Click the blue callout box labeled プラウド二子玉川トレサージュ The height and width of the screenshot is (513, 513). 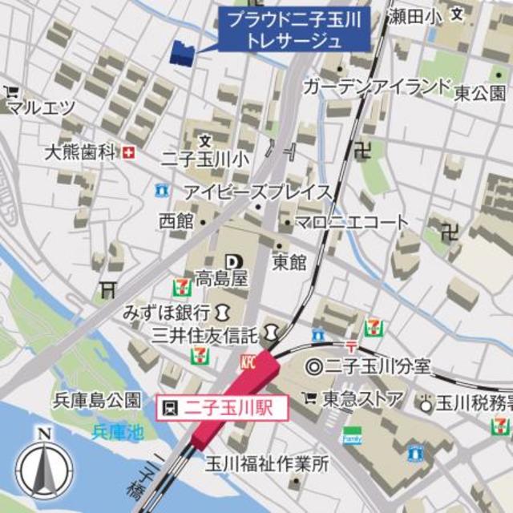pyautogui.click(x=294, y=30)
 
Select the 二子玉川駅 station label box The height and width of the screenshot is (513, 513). pyautogui.click(x=215, y=407)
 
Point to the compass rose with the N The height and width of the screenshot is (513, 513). pyautogui.click(x=44, y=466)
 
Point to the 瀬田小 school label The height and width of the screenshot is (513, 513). pyautogui.click(x=414, y=15)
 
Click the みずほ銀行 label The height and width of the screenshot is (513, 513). pyautogui.click(x=167, y=311)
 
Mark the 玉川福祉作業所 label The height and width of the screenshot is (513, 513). pyautogui.click(x=267, y=463)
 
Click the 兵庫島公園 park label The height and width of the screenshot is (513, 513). pyautogui.click(x=96, y=400)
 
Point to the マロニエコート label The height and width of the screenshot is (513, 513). pyautogui.click(x=351, y=222)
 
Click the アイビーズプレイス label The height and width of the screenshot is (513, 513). pyautogui.click(x=256, y=192)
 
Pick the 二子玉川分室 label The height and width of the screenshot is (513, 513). pyautogui.click(x=377, y=368)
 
